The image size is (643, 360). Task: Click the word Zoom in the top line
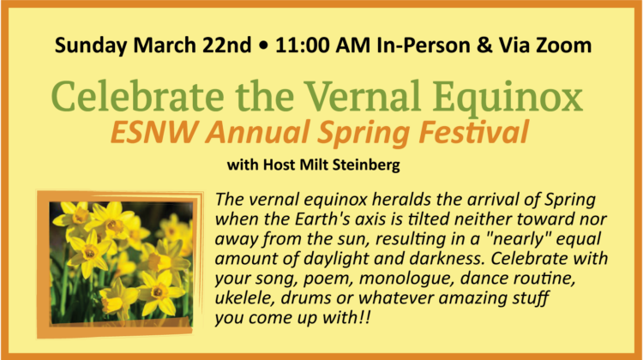tap(559, 45)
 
